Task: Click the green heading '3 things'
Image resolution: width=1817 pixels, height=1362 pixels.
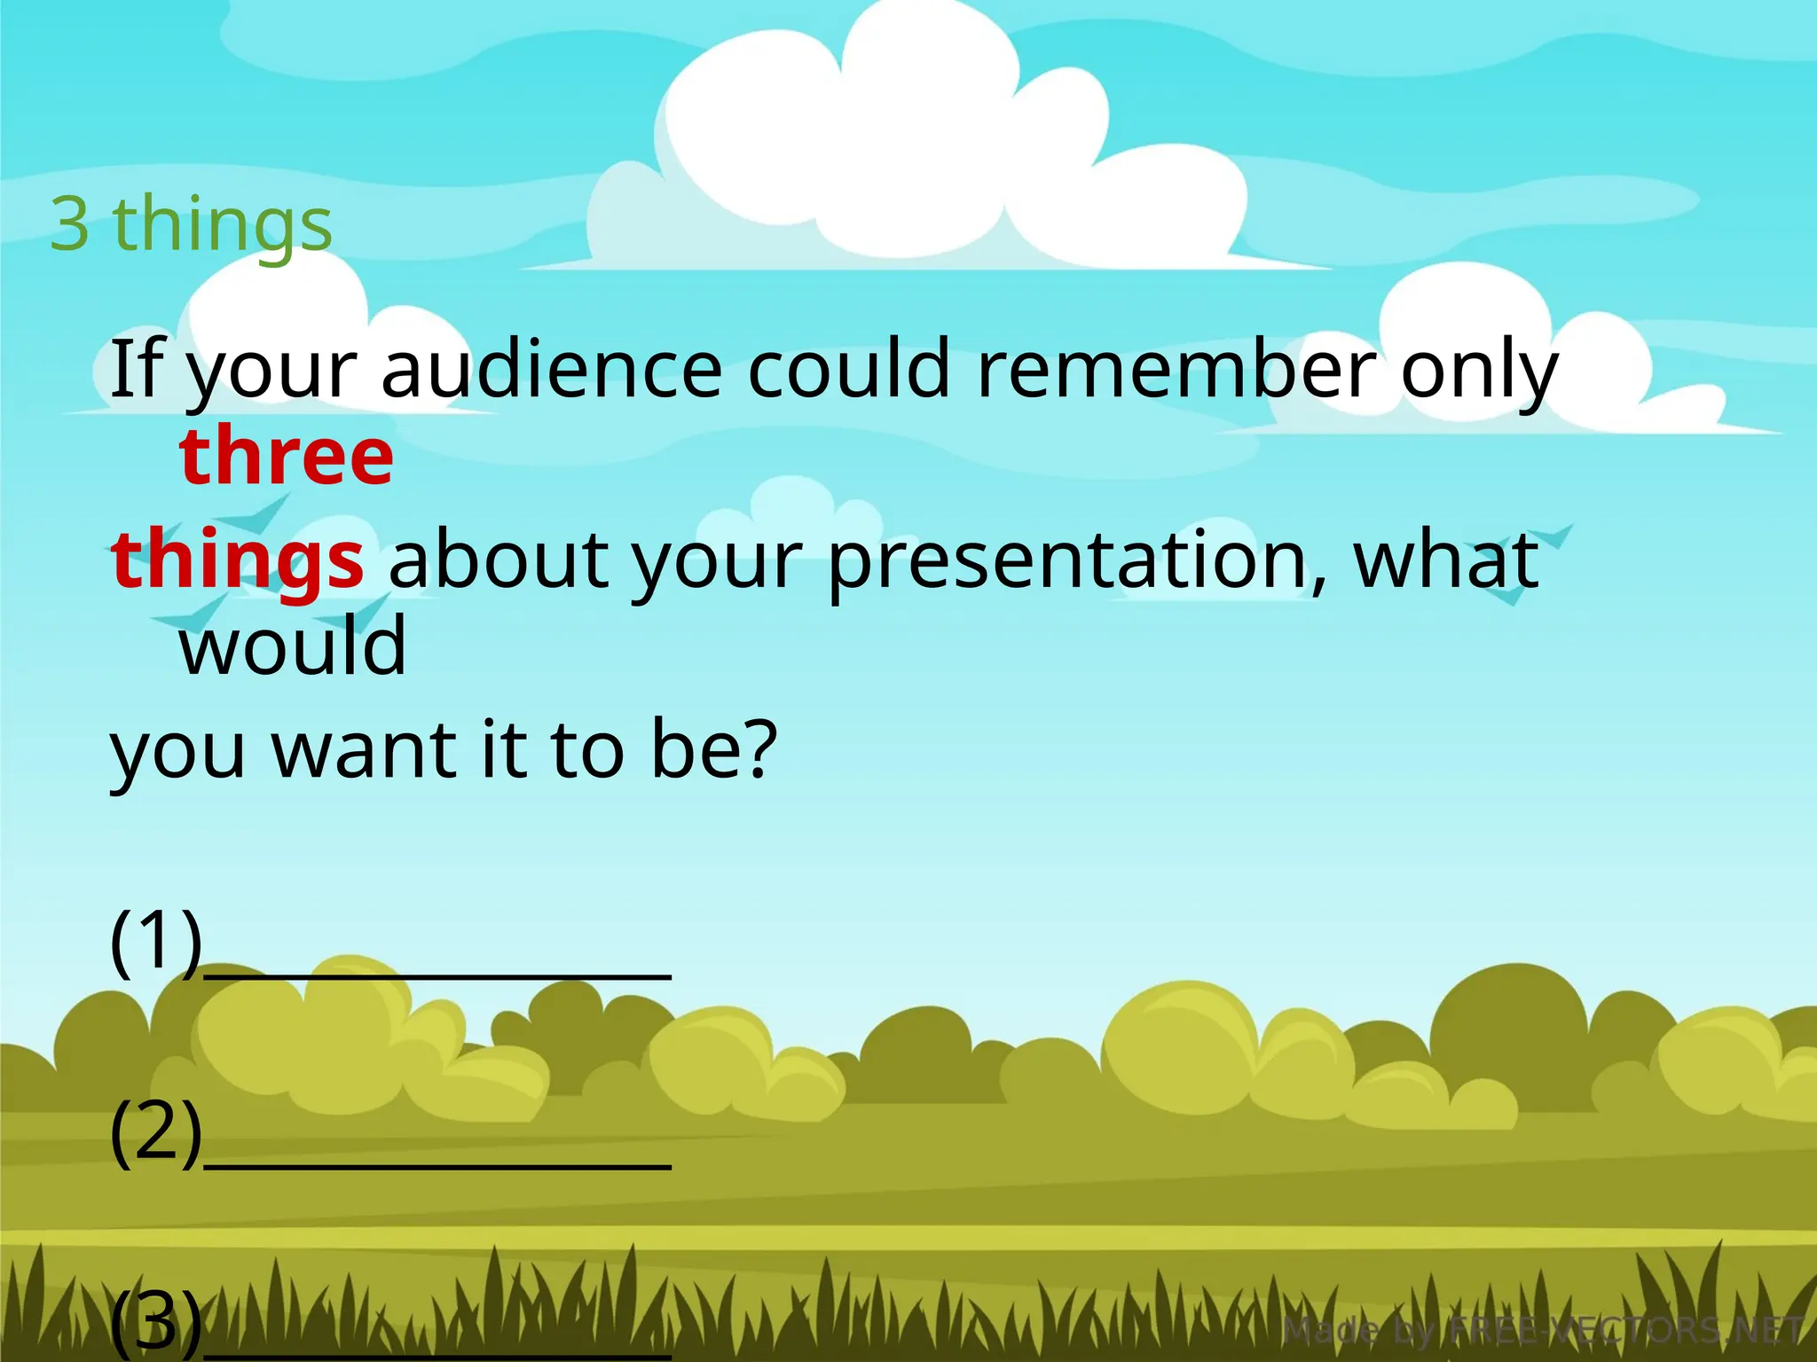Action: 191,223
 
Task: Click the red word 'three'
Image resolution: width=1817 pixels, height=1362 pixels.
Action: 286,456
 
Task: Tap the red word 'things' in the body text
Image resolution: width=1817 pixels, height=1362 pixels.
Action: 237,560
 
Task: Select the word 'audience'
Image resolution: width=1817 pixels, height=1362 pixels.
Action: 552,369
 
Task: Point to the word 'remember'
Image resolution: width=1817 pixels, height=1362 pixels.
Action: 1176,369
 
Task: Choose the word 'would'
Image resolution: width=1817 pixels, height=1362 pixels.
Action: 293,646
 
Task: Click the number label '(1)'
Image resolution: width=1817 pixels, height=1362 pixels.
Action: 156,942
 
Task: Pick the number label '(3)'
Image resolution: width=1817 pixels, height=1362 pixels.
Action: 156,1321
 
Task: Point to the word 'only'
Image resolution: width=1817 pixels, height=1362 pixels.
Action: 1478,371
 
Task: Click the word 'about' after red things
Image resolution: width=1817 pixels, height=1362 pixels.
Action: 499,560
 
